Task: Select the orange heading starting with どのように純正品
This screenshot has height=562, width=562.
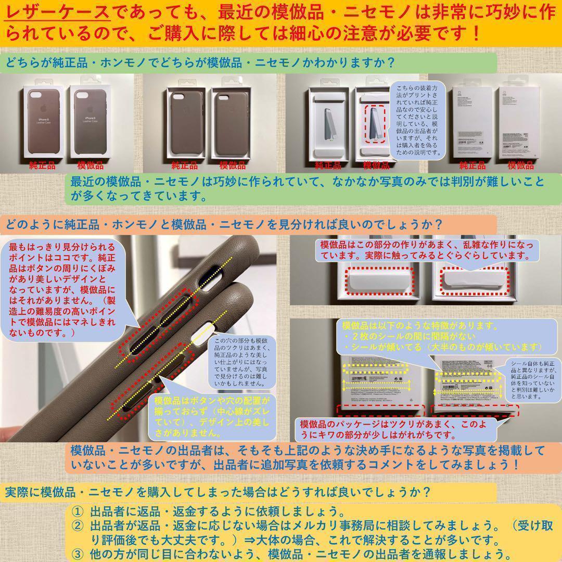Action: point(224,225)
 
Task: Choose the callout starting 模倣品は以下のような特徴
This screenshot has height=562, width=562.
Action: point(442,336)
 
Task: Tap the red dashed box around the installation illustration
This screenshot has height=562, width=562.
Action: point(376,124)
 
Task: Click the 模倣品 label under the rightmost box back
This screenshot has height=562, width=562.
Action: point(520,166)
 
